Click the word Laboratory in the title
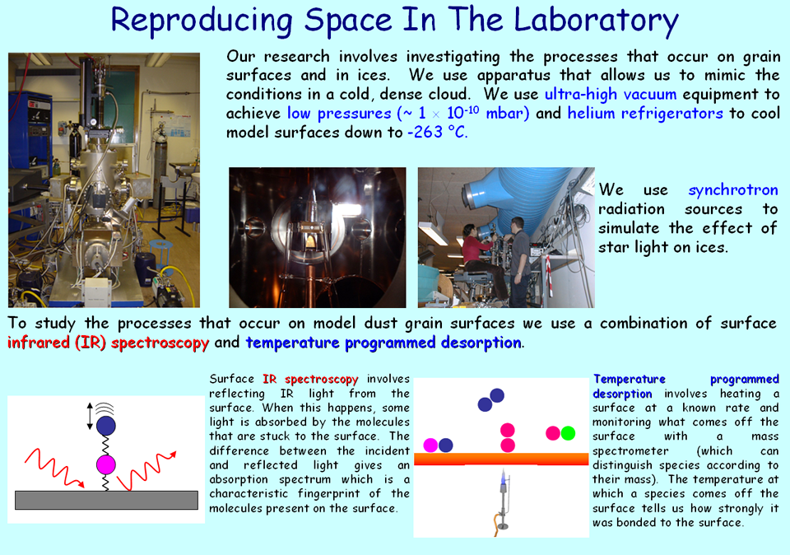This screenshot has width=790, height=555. coord(596,21)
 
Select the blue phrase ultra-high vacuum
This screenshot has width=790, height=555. coord(610,94)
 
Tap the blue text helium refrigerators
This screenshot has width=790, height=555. coord(645,113)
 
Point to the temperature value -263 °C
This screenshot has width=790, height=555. coord(437,132)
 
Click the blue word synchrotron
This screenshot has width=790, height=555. coord(733,190)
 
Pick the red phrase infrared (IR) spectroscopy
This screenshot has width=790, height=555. coord(108,343)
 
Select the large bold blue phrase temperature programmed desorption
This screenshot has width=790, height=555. coord(383,343)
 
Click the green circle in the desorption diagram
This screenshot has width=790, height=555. coord(568,433)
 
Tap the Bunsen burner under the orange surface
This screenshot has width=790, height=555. coord(502,501)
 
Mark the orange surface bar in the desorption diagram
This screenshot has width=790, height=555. coord(501,459)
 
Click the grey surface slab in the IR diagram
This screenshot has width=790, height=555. coord(106,500)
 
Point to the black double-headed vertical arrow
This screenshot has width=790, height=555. coord(90,417)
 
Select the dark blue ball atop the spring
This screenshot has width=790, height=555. coord(106,426)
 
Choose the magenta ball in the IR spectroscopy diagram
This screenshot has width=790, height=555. coord(106,464)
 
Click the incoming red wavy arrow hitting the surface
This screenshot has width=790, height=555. coord(54,467)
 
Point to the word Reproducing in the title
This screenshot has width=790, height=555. coord(201,21)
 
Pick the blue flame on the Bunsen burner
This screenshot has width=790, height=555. coord(503,477)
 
